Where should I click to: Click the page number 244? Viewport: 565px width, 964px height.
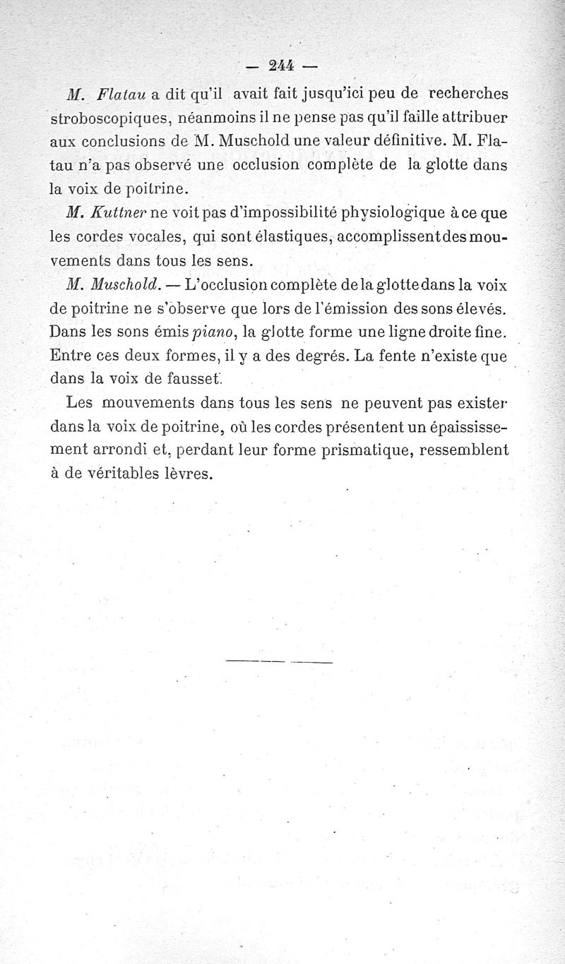point(281,66)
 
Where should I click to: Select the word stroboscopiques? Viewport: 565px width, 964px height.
point(102,117)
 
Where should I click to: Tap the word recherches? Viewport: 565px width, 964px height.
point(468,93)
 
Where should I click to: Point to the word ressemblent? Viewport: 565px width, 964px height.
point(463,450)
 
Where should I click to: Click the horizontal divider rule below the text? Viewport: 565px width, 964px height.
point(279,662)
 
